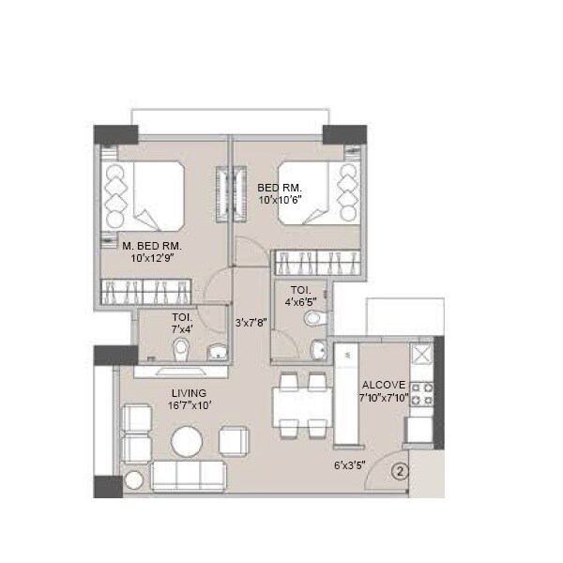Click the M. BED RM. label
[x=151, y=245]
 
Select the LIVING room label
[x=189, y=392]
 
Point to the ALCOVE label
[x=383, y=384]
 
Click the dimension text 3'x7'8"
[x=251, y=322]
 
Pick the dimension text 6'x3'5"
[x=349, y=464]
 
